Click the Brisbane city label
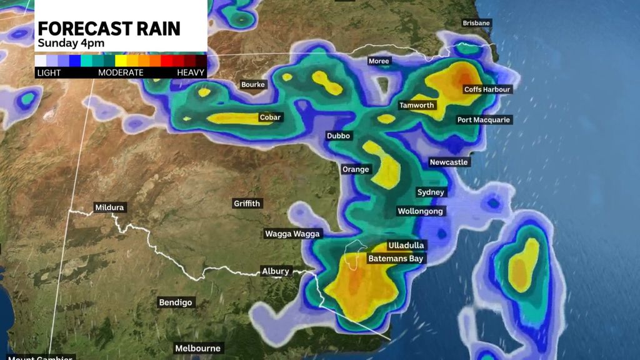coord(476,23)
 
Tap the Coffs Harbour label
coord(487,89)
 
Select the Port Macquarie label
coord(483,119)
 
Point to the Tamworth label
coord(417,105)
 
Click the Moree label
coord(379,61)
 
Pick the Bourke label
coord(253,84)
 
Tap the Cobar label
coord(272,117)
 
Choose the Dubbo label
coord(339,136)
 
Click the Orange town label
coord(356,169)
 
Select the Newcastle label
coord(448,162)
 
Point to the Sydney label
coord(431,192)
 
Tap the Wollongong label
coord(420,211)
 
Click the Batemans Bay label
coord(395,258)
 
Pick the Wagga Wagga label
coord(292,234)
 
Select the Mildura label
coord(109,207)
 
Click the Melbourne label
coord(197,348)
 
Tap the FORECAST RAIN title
coord(109,29)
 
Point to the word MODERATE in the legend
coord(121,72)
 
